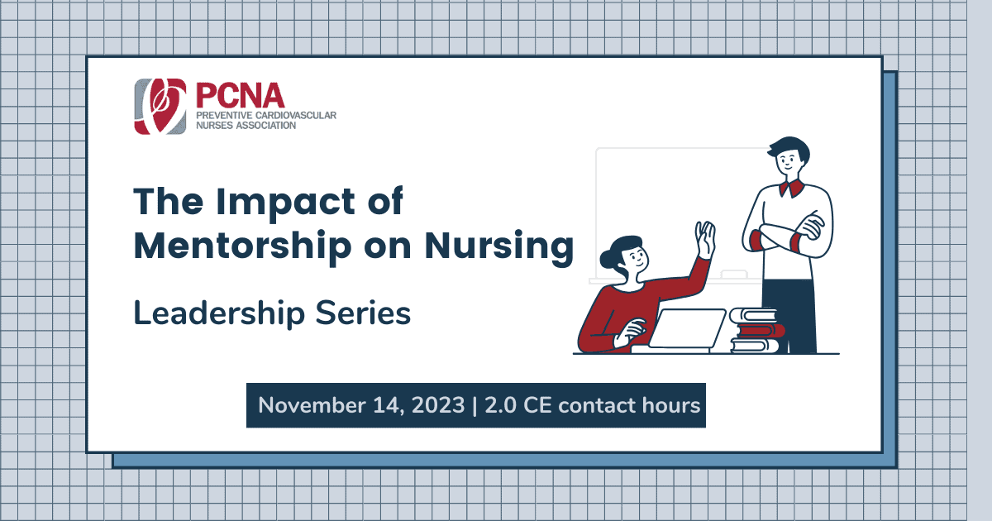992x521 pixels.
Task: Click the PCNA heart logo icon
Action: [160, 107]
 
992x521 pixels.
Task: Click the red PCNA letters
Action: [240, 96]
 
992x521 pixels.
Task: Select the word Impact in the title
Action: [285, 203]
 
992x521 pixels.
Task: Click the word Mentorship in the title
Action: [243, 246]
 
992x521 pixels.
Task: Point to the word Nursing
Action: [499, 247]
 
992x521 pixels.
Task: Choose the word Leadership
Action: [219, 313]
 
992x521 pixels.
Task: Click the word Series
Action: [363, 313]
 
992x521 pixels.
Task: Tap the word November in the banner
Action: [312, 405]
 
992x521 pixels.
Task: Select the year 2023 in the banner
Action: [438, 405]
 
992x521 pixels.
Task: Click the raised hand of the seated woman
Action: [705, 239]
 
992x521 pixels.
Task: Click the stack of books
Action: [755, 331]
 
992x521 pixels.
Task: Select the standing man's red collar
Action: [792, 189]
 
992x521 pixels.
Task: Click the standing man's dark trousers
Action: [789, 316]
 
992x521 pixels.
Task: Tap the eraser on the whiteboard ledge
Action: [734, 275]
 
